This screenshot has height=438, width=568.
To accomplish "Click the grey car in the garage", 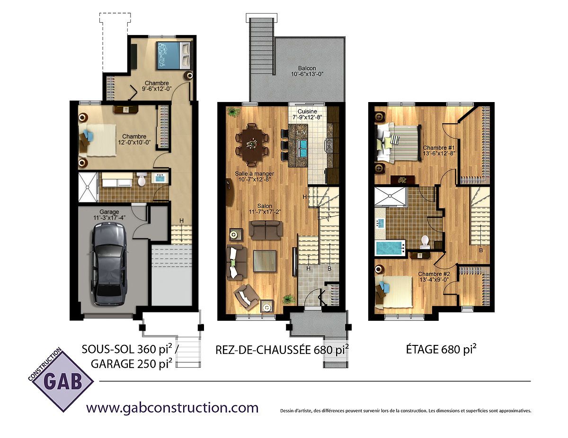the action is (108, 264).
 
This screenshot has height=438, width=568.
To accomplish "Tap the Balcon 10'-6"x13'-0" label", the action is (307, 71).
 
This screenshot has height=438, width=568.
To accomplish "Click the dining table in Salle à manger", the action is (252, 145).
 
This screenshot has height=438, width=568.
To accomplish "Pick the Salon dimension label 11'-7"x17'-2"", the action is (265, 212).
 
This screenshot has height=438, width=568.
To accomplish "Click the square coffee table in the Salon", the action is (265, 261).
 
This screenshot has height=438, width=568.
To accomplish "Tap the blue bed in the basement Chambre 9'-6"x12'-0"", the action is (173, 56).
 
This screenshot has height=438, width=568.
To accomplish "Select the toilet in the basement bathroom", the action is (142, 179).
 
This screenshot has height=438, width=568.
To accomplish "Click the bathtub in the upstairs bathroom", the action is (390, 248).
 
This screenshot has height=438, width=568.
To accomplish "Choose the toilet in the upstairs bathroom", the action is (425, 241).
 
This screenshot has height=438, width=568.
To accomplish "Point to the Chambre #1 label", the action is (439, 147).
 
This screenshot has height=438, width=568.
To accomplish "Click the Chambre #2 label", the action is (434, 274).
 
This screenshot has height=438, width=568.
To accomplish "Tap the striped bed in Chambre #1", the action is (397, 143).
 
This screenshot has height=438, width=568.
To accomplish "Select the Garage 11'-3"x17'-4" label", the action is (109, 215).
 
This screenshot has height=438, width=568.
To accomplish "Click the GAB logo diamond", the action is (61, 381).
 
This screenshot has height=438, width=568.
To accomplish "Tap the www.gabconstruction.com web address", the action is (172, 407).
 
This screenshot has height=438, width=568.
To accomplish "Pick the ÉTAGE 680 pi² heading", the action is (441, 349).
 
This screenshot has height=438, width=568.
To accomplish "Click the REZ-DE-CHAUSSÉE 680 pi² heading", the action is (282, 350).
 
